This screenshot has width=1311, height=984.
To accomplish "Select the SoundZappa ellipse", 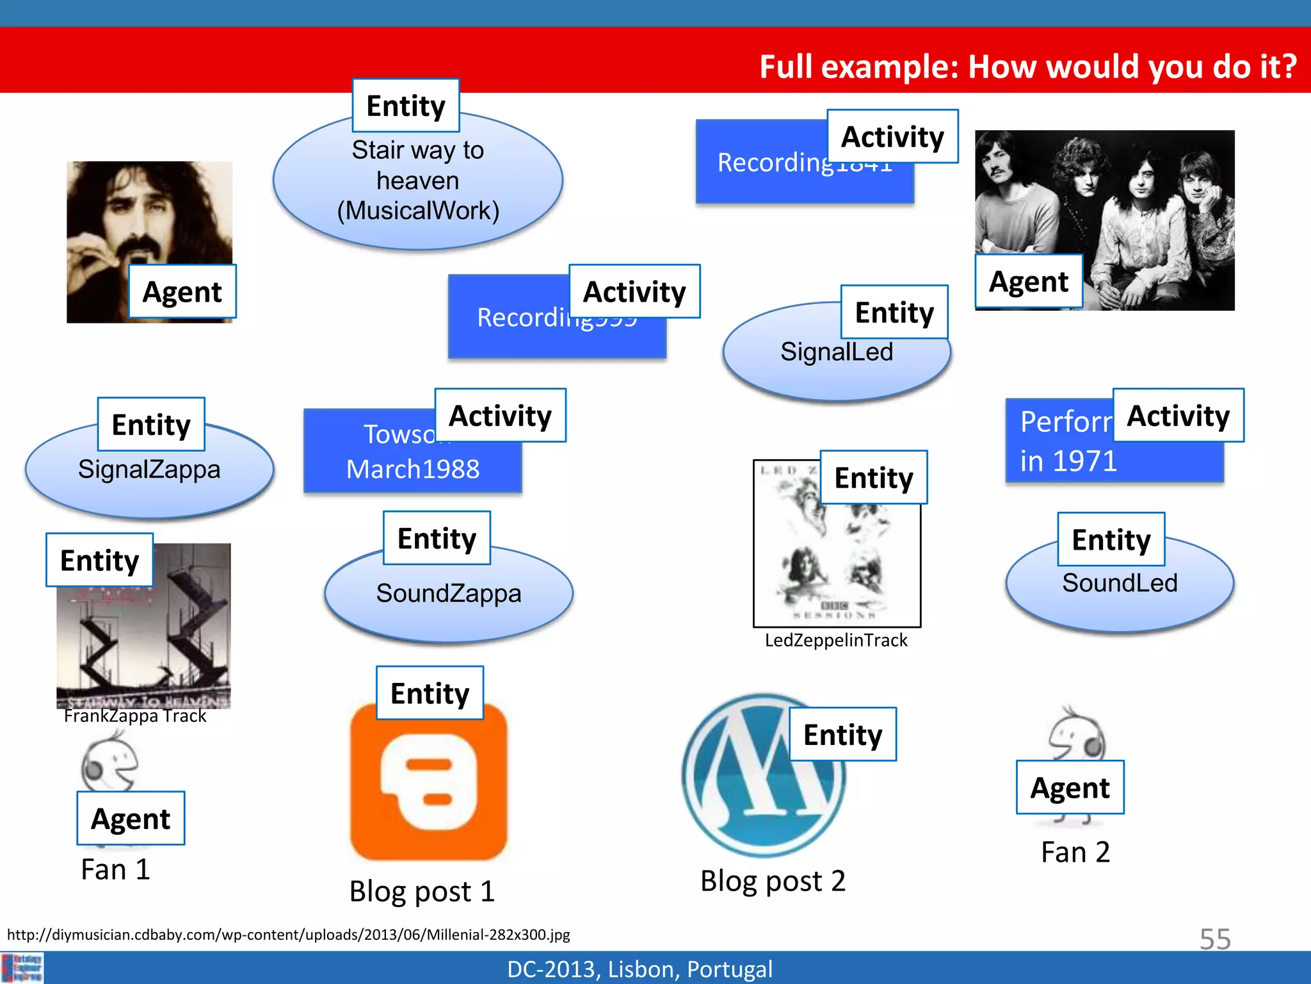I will (x=448, y=596).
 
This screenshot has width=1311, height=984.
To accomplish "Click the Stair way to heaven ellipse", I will (x=418, y=186).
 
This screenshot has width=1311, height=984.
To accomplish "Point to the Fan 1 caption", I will (x=115, y=869).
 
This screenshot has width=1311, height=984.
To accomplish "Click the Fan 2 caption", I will (x=1075, y=852).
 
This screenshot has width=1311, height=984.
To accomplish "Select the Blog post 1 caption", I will (x=422, y=891).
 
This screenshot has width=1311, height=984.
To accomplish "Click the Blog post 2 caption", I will (x=773, y=881).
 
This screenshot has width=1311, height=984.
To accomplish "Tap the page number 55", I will (x=1215, y=939).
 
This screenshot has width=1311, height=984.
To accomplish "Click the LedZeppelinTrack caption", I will (x=836, y=640).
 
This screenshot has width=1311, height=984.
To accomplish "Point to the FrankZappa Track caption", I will (x=135, y=716).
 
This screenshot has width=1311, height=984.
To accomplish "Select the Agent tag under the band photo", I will (x=1029, y=281).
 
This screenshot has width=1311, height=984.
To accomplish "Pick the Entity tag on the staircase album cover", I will (x=99, y=560).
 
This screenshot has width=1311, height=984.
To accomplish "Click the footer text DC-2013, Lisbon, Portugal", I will (x=639, y=969).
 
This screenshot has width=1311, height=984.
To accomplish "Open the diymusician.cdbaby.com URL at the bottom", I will (x=288, y=935).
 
